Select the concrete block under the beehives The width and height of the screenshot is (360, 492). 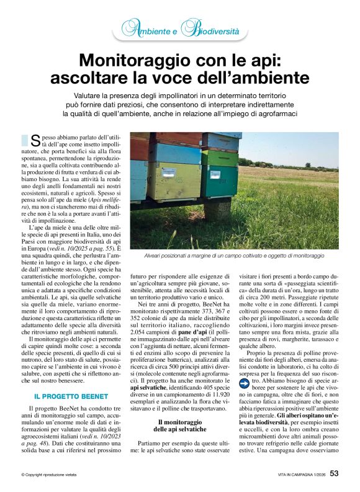click(217, 208)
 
